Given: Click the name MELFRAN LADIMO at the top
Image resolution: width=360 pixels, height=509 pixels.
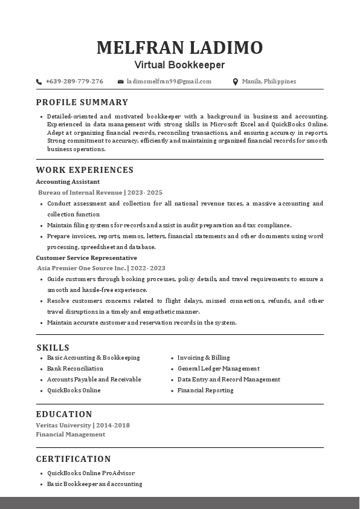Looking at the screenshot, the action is (x=179, y=47).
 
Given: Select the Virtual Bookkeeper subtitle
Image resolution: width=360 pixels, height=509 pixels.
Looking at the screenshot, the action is (x=179, y=65).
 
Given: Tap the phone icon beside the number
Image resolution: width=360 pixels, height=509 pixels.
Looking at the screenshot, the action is (x=39, y=82).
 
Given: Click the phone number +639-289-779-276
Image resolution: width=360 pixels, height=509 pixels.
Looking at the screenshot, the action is (x=74, y=82).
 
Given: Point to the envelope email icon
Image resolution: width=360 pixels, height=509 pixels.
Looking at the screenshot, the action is (x=121, y=82).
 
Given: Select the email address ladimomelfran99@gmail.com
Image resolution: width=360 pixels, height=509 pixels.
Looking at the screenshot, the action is (x=169, y=82).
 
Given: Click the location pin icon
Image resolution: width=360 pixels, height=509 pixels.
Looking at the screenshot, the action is (x=236, y=82).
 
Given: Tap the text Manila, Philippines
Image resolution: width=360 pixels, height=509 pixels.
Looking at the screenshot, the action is (x=269, y=82).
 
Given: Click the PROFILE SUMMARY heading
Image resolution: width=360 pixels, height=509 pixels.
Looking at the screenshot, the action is (x=82, y=102).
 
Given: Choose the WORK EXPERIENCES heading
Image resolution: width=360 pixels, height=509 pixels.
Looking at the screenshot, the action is (x=85, y=170).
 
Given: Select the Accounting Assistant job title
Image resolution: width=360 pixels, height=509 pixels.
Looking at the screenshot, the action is (x=68, y=181).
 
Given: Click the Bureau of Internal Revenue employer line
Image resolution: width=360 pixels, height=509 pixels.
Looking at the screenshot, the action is (x=100, y=192).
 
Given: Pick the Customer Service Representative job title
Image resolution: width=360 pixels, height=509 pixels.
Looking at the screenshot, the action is (x=86, y=258).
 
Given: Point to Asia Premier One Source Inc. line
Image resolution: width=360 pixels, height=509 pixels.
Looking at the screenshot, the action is (x=101, y=268).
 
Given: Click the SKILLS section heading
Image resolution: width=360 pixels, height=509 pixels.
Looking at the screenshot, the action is (x=53, y=348).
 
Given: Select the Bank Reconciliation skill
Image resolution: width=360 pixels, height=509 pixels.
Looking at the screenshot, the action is (x=75, y=368).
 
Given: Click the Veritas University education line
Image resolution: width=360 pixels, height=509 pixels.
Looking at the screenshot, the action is (x=83, y=425).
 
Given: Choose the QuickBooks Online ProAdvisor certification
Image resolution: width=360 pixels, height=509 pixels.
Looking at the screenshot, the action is (x=91, y=473).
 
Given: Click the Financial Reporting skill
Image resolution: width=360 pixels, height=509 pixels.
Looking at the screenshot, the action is (x=205, y=390).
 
